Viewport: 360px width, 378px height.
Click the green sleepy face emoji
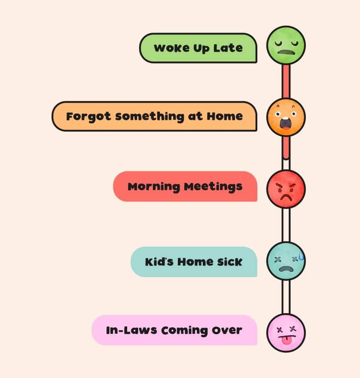[x=286, y=46]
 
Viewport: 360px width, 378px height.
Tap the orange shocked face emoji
[x=286, y=117]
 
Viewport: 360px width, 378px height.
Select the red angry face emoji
[x=286, y=189]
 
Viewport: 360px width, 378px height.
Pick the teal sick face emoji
[x=286, y=261]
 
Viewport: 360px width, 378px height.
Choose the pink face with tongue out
[x=286, y=332]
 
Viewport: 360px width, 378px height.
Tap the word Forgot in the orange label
[x=88, y=117]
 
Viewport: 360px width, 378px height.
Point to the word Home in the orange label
[x=225, y=116]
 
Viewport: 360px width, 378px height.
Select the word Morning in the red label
[x=154, y=187]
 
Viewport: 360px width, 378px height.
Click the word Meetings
[x=213, y=187]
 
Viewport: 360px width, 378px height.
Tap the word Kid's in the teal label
[x=159, y=262]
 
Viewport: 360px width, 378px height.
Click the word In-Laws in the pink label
[x=131, y=330]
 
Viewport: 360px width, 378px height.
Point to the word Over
[x=227, y=330]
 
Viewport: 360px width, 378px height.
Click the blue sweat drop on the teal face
[x=301, y=256]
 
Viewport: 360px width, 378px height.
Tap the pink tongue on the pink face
[x=286, y=340]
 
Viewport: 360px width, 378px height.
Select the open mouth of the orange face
[x=286, y=123]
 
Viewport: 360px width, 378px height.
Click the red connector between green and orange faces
[x=286, y=81]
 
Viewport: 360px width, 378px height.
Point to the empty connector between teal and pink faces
[x=286, y=297]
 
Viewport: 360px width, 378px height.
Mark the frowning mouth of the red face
[x=286, y=197]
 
